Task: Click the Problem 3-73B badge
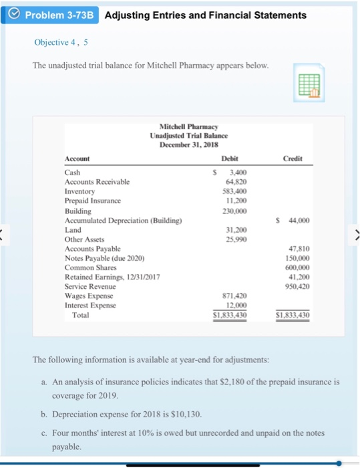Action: [x=51, y=15]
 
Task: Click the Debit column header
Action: [x=230, y=158]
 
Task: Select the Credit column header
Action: [x=293, y=158]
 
